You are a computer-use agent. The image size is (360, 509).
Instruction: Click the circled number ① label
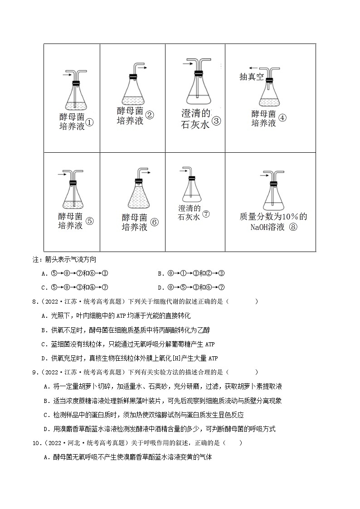click(x=89, y=122)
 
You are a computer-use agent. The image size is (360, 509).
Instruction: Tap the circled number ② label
click(x=150, y=115)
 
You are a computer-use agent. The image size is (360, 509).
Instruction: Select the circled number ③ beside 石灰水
click(x=216, y=121)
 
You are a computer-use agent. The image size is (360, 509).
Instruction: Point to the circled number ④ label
click(x=282, y=118)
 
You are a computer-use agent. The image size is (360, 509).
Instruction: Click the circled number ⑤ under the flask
click(x=89, y=221)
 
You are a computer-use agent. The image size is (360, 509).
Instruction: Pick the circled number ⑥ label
click(x=154, y=223)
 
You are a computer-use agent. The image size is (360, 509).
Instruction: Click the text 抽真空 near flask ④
click(x=251, y=77)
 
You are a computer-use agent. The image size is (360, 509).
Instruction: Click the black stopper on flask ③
click(x=198, y=73)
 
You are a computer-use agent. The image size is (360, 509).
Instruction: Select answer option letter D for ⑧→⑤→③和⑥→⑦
click(x=160, y=287)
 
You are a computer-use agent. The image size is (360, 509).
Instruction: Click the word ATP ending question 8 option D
click(x=213, y=358)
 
